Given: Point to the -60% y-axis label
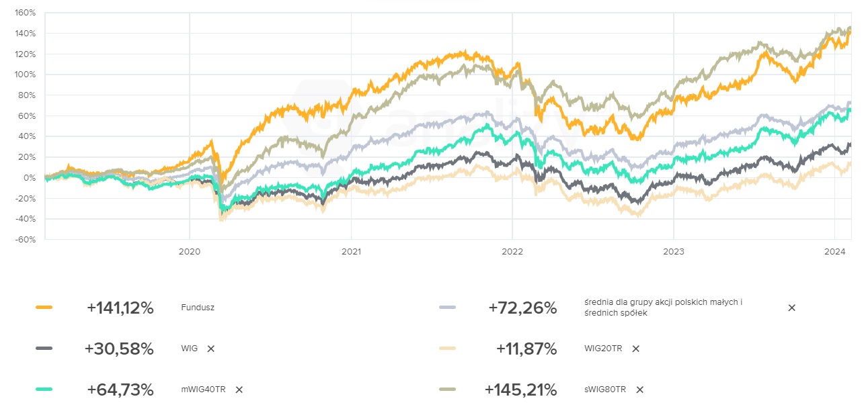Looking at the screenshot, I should pyautogui.click(x=26, y=240).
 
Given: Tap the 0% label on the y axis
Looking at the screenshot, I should pyautogui.click(x=30, y=178).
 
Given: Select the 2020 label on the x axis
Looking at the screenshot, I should pyautogui.click(x=189, y=252).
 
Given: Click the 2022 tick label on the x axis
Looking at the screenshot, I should pyautogui.click(x=512, y=252).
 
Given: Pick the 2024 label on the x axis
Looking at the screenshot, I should pyautogui.click(x=834, y=252).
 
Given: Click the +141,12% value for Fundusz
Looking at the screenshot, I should pyautogui.click(x=120, y=308).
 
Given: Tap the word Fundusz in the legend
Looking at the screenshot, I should pyautogui.click(x=197, y=308).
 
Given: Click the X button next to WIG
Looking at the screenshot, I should pyautogui.click(x=211, y=349).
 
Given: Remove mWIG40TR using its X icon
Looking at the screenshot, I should pyautogui.click(x=239, y=390).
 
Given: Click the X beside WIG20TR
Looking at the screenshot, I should pyautogui.click(x=635, y=349).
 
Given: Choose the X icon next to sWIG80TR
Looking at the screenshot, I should pyautogui.click(x=639, y=390).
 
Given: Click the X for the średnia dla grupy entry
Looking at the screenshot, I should pyautogui.click(x=791, y=308).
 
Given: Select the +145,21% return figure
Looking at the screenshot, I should pyautogui.click(x=520, y=390).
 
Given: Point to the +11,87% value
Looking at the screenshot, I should pyautogui.click(x=526, y=349).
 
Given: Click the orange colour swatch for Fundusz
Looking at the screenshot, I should pyautogui.click(x=44, y=308).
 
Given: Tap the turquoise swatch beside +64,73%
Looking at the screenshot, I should pyautogui.click(x=44, y=389).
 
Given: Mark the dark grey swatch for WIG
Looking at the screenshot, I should pyautogui.click(x=44, y=348).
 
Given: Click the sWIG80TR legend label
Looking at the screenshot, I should pyautogui.click(x=605, y=390).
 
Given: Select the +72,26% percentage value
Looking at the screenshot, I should pyautogui.click(x=522, y=308).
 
